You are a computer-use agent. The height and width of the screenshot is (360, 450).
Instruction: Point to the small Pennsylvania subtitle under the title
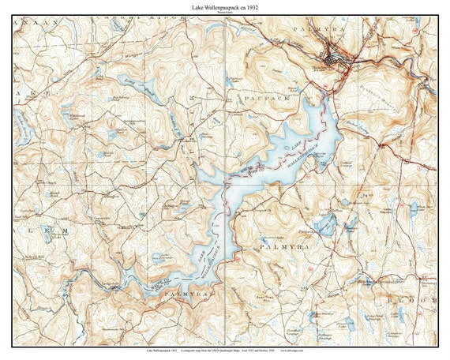pos(225,13)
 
